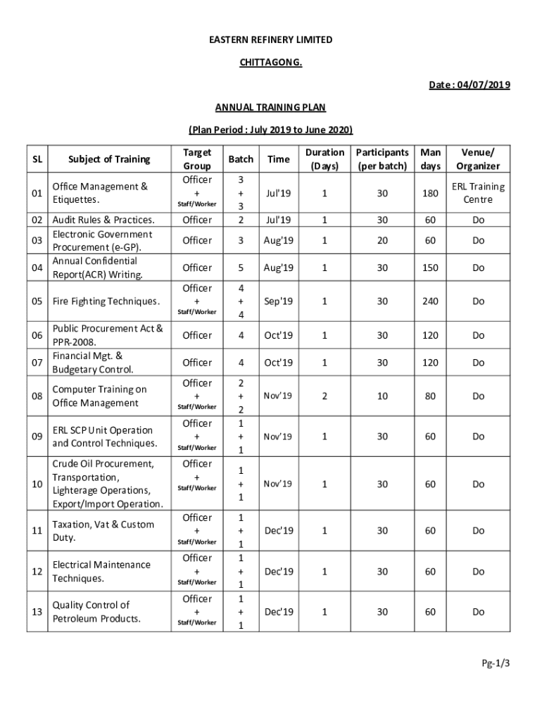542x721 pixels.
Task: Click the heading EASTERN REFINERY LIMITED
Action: click(270, 40)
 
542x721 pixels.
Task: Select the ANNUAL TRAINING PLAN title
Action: click(270, 107)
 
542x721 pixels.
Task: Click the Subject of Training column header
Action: click(109, 159)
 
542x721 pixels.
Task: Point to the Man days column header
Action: click(430, 159)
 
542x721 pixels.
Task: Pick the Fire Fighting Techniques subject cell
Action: click(106, 301)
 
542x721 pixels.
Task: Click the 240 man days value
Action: click(430, 301)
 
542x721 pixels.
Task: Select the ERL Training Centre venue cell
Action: click(478, 193)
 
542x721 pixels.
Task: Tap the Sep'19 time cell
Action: click(278, 301)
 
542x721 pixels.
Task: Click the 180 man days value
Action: click(430, 193)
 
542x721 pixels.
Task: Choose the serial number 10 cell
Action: click(37, 484)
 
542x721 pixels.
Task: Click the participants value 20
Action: click(382, 240)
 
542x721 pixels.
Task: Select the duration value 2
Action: click(324, 396)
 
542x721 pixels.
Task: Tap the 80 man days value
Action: click(430, 396)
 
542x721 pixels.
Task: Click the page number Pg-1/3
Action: click(496, 663)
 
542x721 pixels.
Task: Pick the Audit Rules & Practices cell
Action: click(103, 220)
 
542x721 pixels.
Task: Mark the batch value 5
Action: click(241, 268)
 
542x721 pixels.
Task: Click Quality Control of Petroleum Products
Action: click(96, 612)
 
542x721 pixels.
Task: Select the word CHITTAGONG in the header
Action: click(270, 63)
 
